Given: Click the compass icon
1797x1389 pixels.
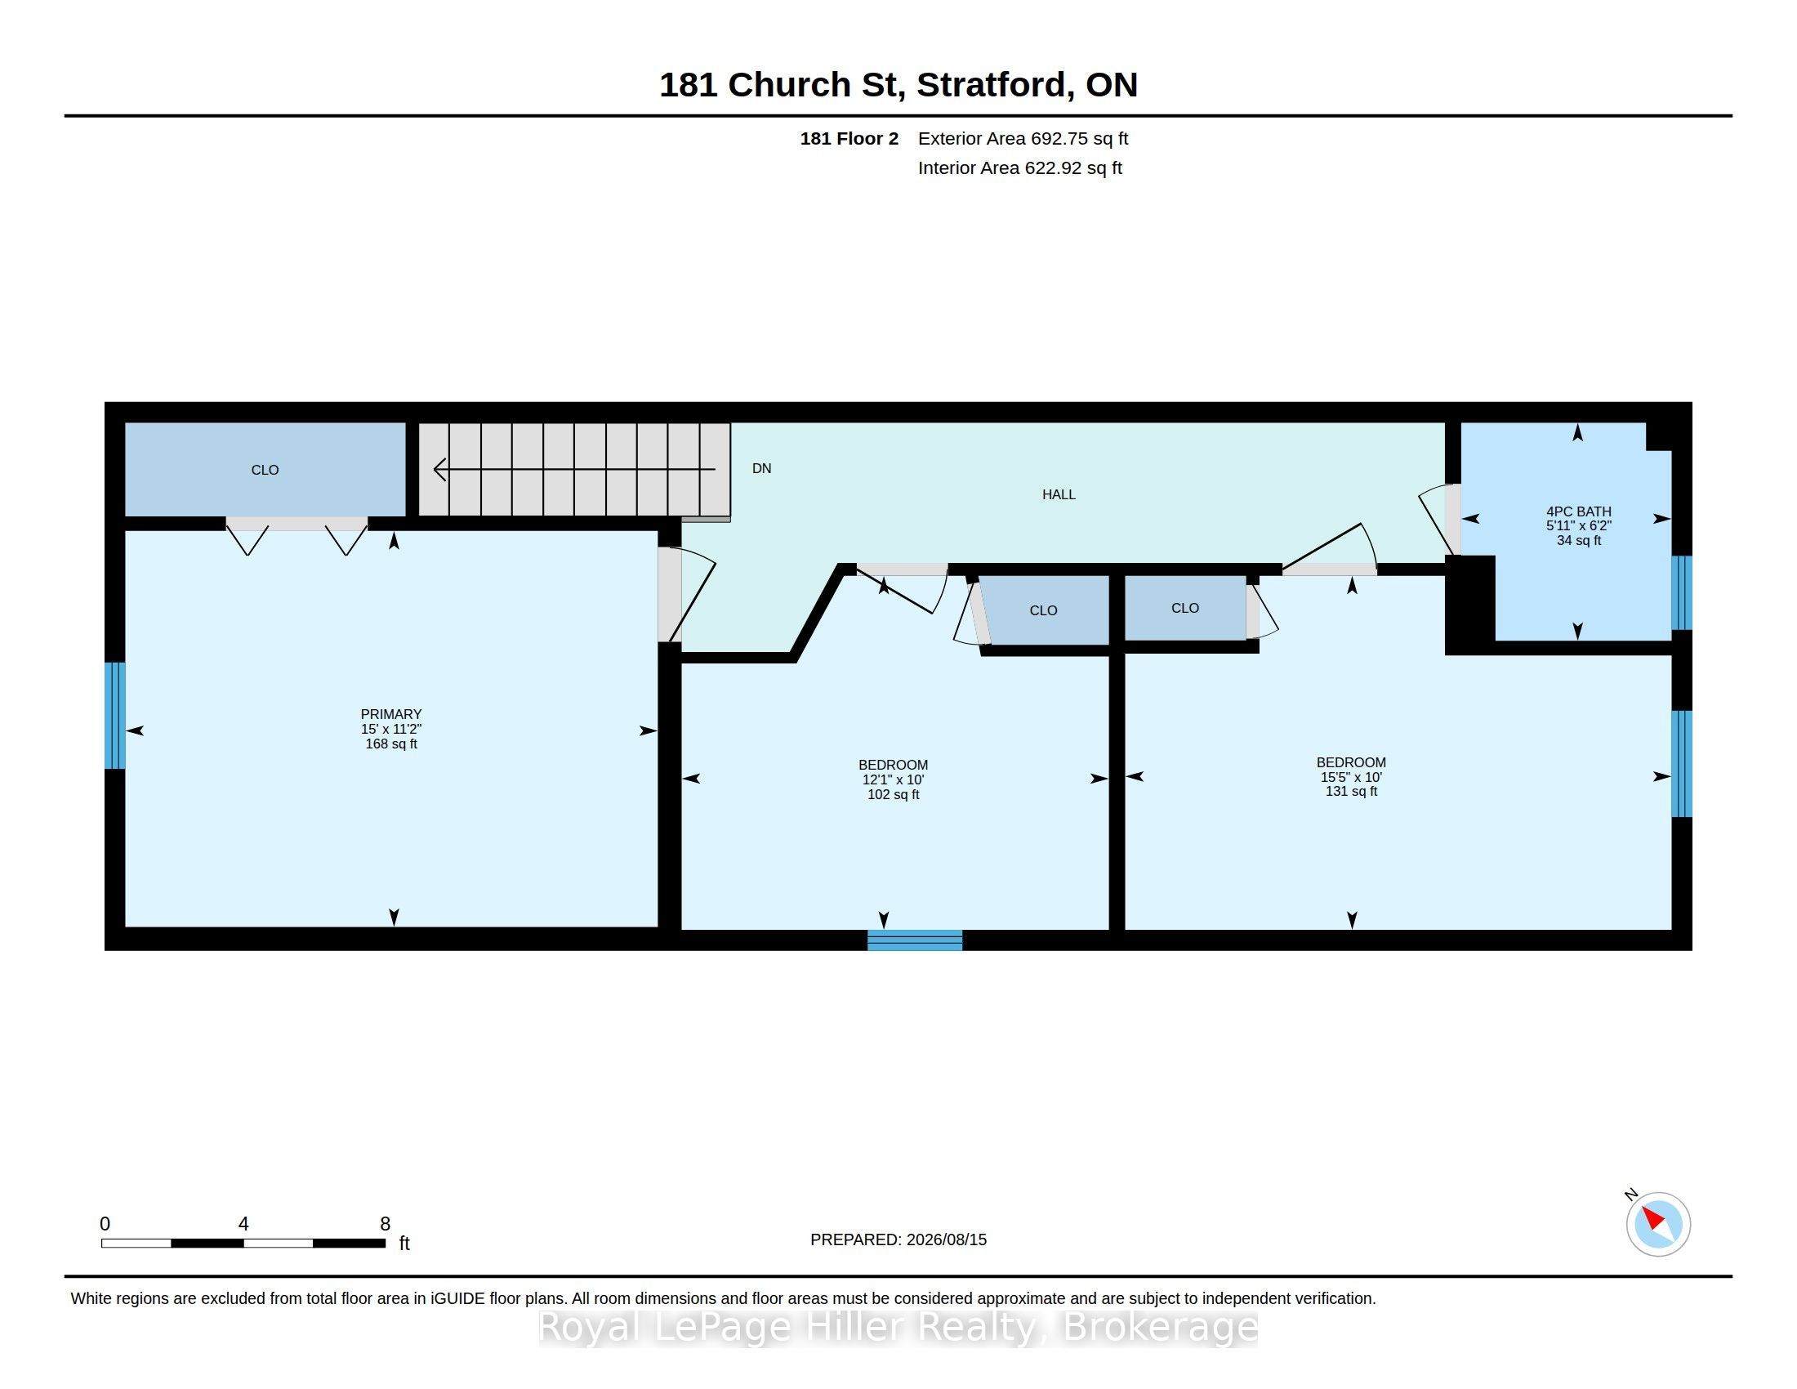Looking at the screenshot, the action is [x=1657, y=1224].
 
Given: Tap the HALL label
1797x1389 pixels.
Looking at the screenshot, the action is [x=1058, y=494].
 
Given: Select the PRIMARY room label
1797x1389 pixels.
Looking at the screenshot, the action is [x=390, y=714].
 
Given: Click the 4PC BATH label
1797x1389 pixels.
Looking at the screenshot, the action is [x=1578, y=511].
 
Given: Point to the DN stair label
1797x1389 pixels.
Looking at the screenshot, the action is [x=761, y=468].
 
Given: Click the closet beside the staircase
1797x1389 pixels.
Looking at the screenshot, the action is [x=265, y=469].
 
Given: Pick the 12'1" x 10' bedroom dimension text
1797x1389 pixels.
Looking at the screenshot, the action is [x=893, y=779].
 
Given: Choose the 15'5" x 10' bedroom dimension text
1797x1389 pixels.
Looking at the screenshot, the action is [x=1351, y=777].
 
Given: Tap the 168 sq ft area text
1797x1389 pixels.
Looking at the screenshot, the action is [x=390, y=744].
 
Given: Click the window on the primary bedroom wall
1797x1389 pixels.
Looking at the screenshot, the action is [x=114, y=715].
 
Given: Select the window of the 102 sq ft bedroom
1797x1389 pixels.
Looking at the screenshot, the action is [x=915, y=940].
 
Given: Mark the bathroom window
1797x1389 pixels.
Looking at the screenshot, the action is [x=1682, y=592].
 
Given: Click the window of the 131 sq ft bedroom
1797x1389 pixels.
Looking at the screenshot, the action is [x=1682, y=764].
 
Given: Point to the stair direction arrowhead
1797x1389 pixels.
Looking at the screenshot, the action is [x=440, y=469].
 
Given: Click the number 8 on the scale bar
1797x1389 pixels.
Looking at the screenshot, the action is [x=384, y=1224].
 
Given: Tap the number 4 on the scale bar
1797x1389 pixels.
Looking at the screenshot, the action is [x=243, y=1224].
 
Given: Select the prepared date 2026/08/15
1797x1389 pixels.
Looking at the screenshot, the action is [x=946, y=1239].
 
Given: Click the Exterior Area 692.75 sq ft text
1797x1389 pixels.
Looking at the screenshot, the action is [x=1023, y=138].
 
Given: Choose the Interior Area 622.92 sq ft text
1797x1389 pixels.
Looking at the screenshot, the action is [x=1019, y=167].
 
